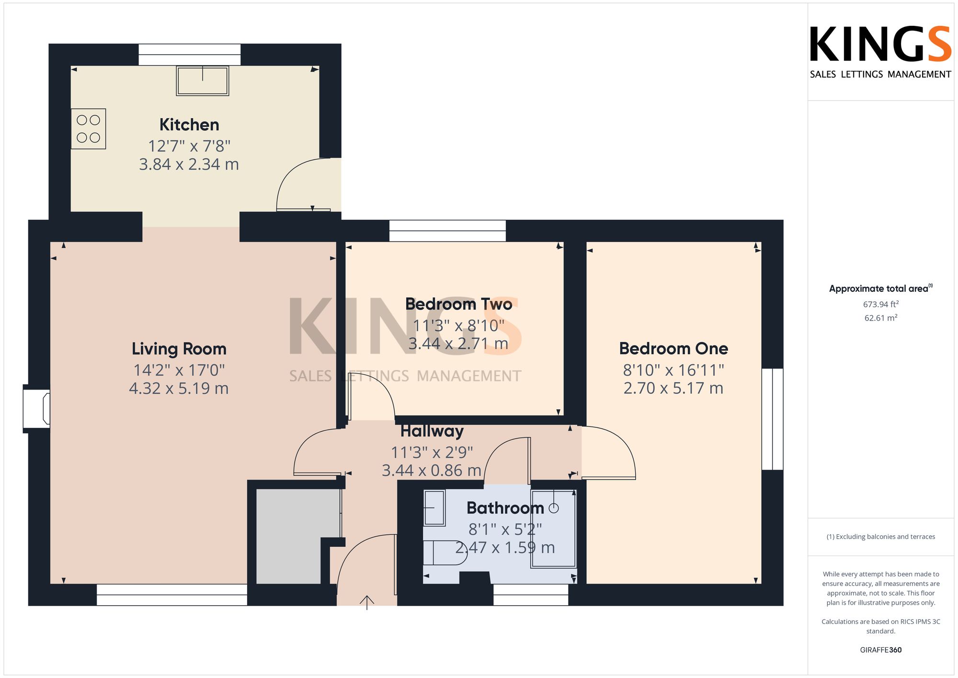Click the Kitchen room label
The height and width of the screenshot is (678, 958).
pyautogui.click(x=189, y=125)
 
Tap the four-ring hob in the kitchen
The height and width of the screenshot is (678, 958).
pyautogui.click(x=89, y=129)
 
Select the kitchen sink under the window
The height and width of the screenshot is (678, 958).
pyautogui.click(x=203, y=80)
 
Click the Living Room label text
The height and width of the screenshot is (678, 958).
pyautogui.click(x=179, y=349)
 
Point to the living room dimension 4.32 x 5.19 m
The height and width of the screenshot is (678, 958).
pyautogui.click(x=179, y=388)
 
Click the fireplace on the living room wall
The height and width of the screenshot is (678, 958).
pyautogui.click(x=37, y=409)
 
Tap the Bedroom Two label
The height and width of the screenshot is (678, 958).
pyautogui.click(x=458, y=304)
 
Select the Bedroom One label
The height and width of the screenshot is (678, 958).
pyautogui.click(x=673, y=348)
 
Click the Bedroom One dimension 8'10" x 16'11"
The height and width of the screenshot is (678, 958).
pyautogui.click(x=673, y=370)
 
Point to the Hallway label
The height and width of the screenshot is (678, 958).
pyautogui.click(x=432, y=431)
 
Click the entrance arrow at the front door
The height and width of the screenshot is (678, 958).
pyautogui.click(x=367, y=602)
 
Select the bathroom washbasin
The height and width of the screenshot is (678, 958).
pyautogui.click(x=434, y=507)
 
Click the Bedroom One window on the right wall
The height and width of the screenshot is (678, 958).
pyautogui.click(x=772, y=419)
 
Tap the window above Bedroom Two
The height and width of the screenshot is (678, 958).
pyautogui.click(x=447, y=230)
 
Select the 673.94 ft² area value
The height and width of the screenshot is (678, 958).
pyautogui.click(x=881, y=304)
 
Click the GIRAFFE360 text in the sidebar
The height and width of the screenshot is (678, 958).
pyautogui.click(x=881, y=650)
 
